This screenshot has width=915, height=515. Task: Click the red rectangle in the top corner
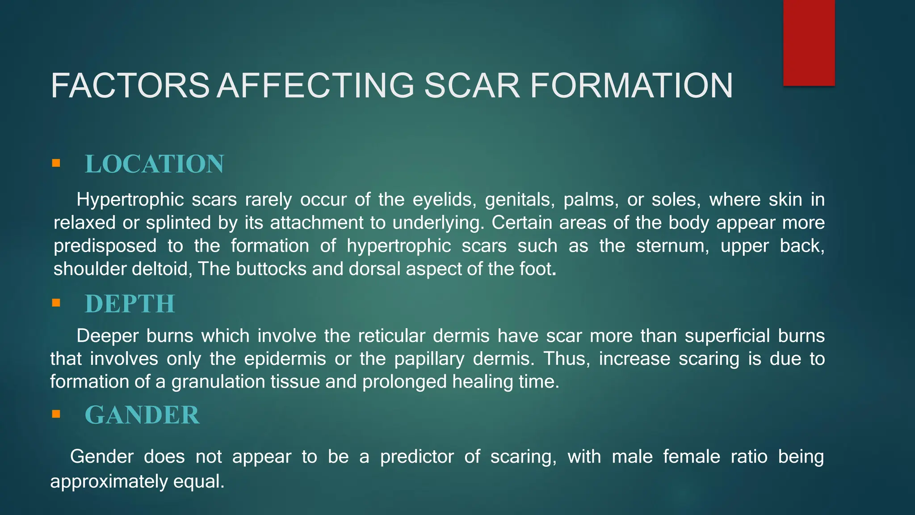coord(809,42)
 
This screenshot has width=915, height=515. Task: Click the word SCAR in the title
coord(472,86)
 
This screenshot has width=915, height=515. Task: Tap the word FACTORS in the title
coord(130,86)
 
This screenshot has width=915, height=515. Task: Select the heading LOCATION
coord(154,164)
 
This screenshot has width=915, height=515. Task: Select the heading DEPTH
coord(130,304)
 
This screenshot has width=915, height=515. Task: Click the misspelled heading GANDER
coord(142,415)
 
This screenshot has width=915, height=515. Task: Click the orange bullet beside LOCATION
coord(56,163)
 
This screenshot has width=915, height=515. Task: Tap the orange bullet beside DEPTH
coord(56,303)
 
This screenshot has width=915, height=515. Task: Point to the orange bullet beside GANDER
coord(56,414)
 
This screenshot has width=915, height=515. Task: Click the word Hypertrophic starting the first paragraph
coord(130,200)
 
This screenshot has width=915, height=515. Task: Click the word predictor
coord(416,457)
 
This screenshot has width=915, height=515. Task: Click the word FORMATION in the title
coord(631,86)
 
